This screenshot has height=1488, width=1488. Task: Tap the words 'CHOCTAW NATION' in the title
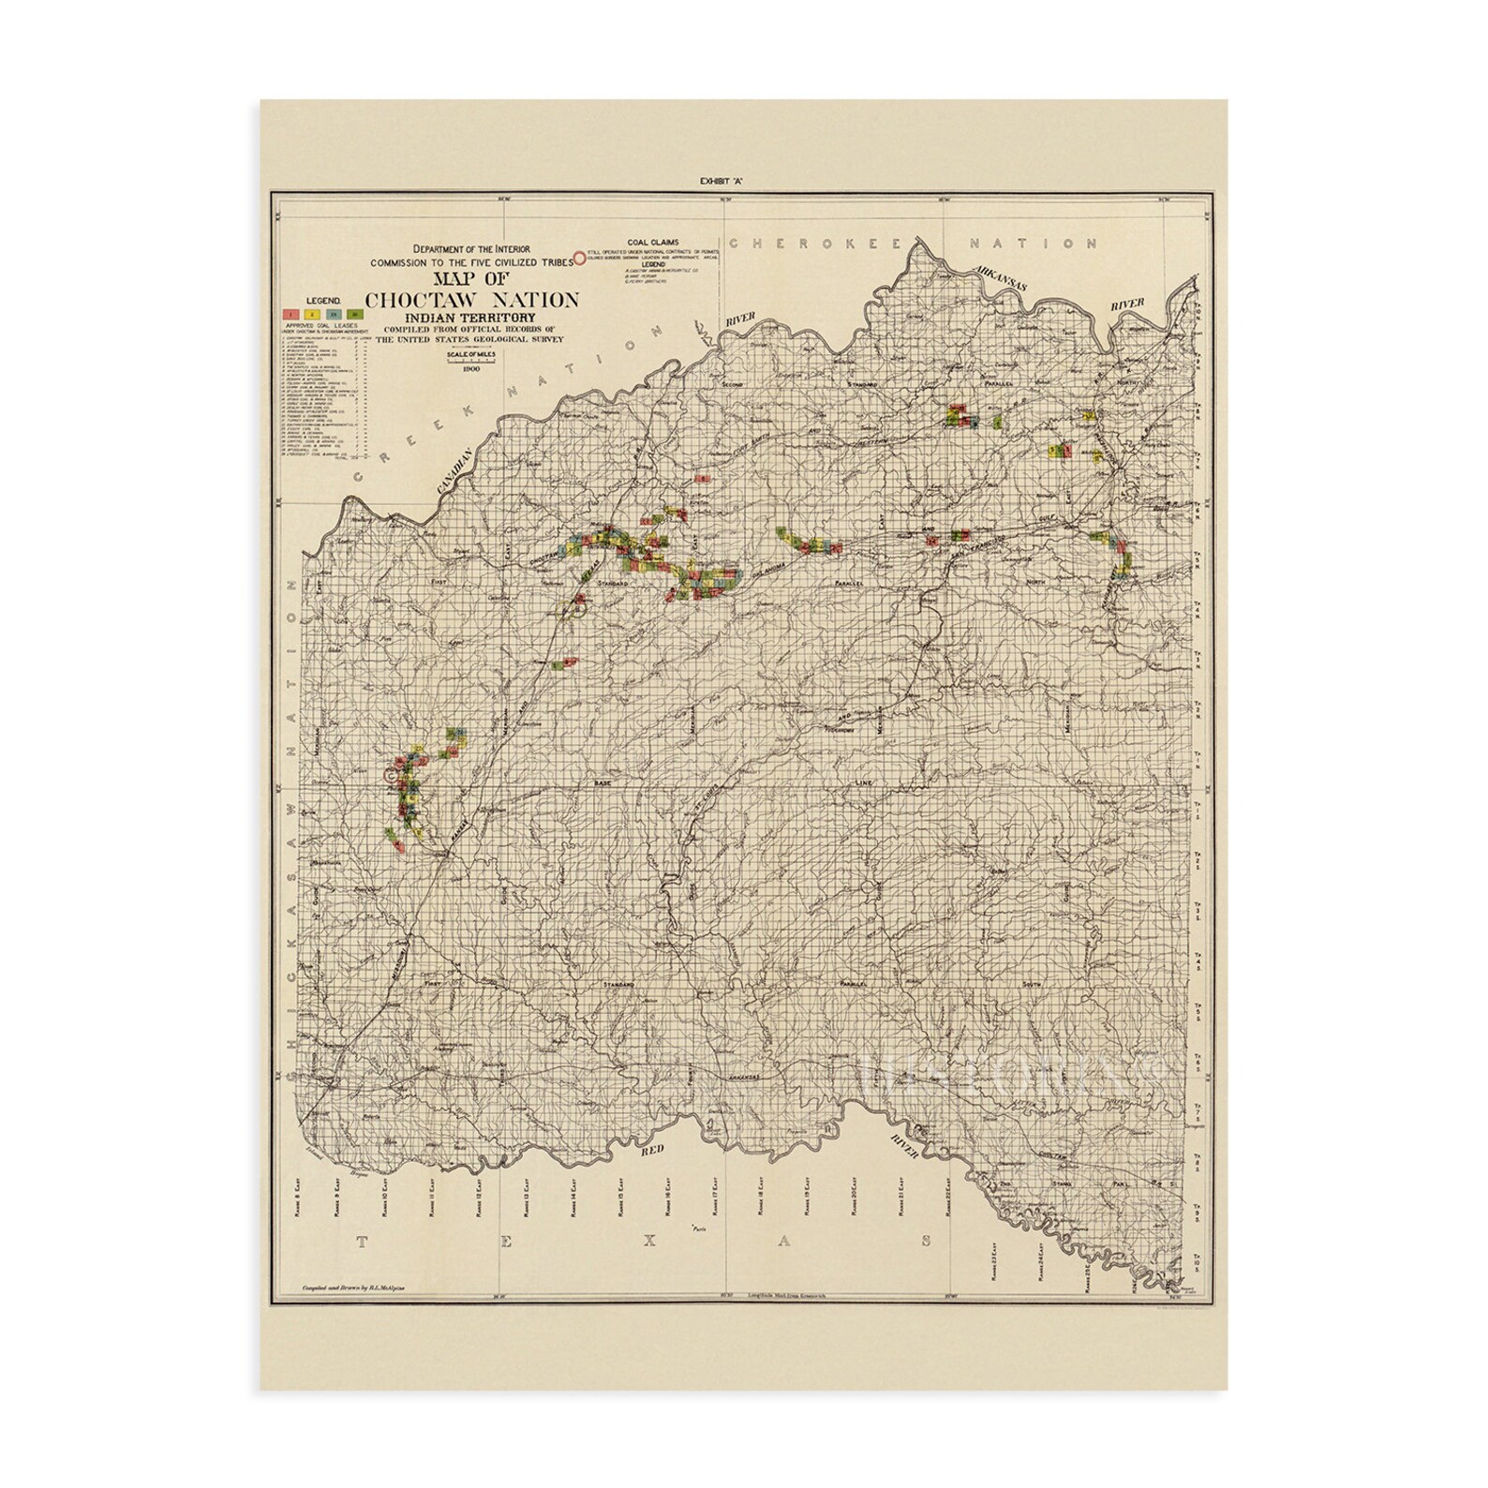click(x=471, y=300)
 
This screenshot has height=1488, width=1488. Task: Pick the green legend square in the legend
click(x=352, y=314)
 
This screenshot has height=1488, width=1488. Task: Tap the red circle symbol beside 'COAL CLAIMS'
click(x=582, y=254)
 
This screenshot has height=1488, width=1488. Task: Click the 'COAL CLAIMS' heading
click(x=658, y=240)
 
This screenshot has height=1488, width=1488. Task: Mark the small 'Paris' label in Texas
click(x=695, y=1228)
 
